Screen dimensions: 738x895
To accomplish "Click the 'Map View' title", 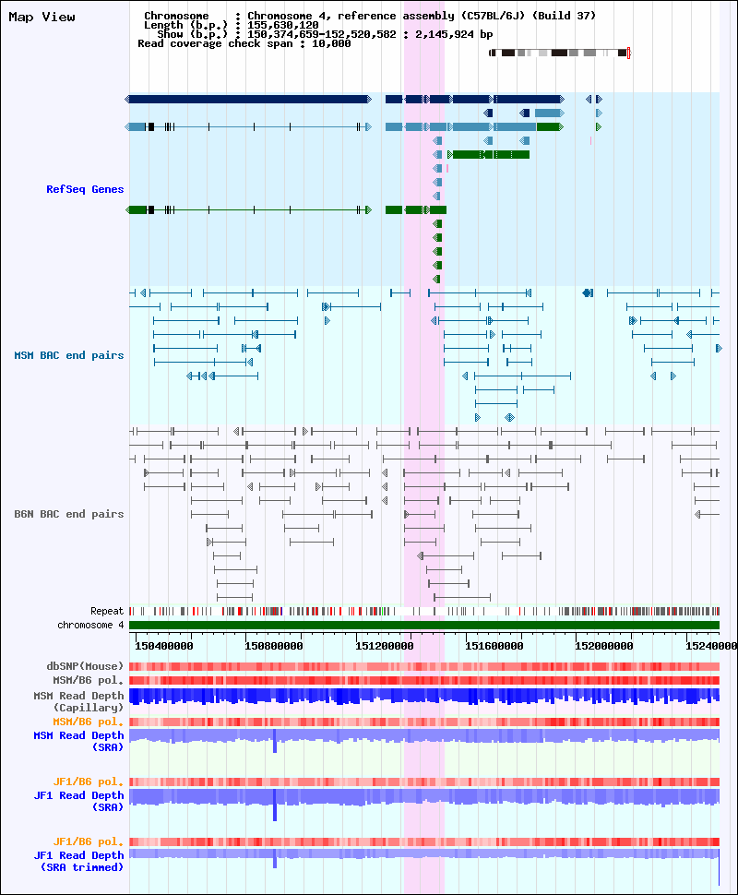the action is point(42,18).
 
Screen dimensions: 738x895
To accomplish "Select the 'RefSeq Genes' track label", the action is point(85,189).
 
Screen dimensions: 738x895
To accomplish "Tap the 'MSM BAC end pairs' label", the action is point(69,355).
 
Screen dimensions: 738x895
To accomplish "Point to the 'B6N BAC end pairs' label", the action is point(69,514).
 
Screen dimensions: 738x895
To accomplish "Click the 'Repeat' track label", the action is point(107,612).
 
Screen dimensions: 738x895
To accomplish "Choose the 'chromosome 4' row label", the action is point(90,625).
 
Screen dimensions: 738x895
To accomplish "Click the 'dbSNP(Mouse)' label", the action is point(85,667).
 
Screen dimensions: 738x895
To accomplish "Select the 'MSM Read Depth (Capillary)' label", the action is point(78,701).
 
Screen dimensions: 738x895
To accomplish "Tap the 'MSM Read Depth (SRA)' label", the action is point(78,742).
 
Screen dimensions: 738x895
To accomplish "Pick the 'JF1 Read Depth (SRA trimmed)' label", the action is point(78,862).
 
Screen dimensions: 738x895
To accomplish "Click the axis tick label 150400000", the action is point(164,646).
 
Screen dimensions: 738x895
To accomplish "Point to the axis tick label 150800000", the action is point(274,646).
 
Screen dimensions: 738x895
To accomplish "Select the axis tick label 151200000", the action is point(384,646).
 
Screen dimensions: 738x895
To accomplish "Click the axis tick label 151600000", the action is point(494,646).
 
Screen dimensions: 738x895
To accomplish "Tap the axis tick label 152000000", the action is point(604,646).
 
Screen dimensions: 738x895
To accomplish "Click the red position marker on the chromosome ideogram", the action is point(628,54).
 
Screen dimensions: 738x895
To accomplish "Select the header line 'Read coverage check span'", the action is point(244,44).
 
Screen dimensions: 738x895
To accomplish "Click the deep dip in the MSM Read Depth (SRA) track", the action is point(275,741).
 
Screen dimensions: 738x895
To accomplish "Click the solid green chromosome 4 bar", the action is point(424,625).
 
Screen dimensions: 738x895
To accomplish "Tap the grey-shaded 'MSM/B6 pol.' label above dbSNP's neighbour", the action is point(89,680).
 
